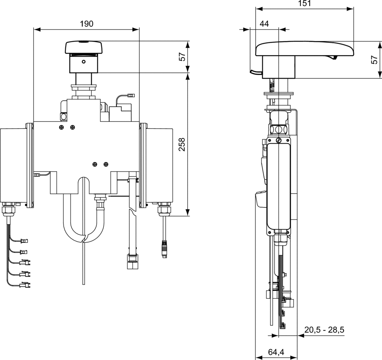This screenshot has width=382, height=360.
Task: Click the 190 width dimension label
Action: tap(87, 24)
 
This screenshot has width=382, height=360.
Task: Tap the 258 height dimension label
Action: tap(182, 144)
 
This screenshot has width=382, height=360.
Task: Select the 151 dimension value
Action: tap(304, 3)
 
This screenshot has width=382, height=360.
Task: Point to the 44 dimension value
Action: tap(264, 24)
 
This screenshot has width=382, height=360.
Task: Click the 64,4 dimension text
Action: tap(276, 352)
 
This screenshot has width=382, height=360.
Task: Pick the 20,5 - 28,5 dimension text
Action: tap(324, 330)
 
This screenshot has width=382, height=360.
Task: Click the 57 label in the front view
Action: tap(183, 56)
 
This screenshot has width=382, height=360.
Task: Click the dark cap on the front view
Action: tap(84, 47)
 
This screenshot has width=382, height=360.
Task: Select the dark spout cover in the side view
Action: tap(304, 49)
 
